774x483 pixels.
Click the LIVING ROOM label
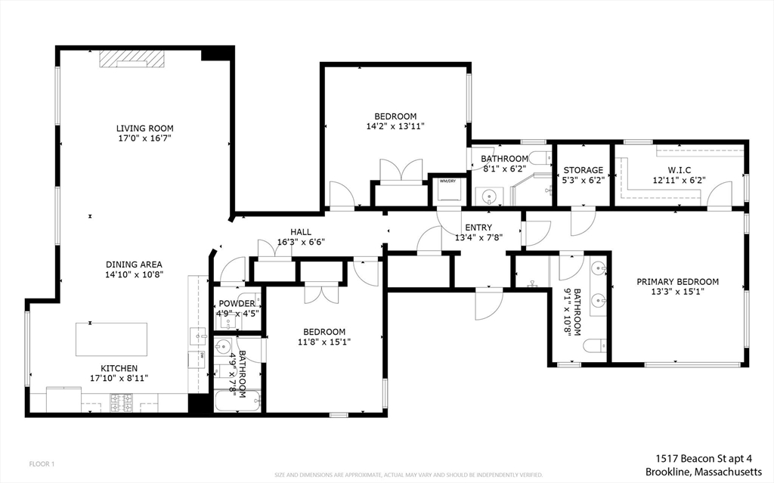144,128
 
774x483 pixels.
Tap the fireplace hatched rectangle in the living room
133,59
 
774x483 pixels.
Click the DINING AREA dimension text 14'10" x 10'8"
134,275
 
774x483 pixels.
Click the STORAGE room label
583,170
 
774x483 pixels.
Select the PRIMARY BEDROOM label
677,282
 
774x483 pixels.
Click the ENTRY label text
478,228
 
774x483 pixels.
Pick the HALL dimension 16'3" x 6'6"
300,243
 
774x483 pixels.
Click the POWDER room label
237,303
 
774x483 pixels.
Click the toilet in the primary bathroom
595,346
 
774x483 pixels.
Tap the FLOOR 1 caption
42,463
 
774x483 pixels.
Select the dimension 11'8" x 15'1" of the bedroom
324,342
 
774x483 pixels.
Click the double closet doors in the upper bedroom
401,171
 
